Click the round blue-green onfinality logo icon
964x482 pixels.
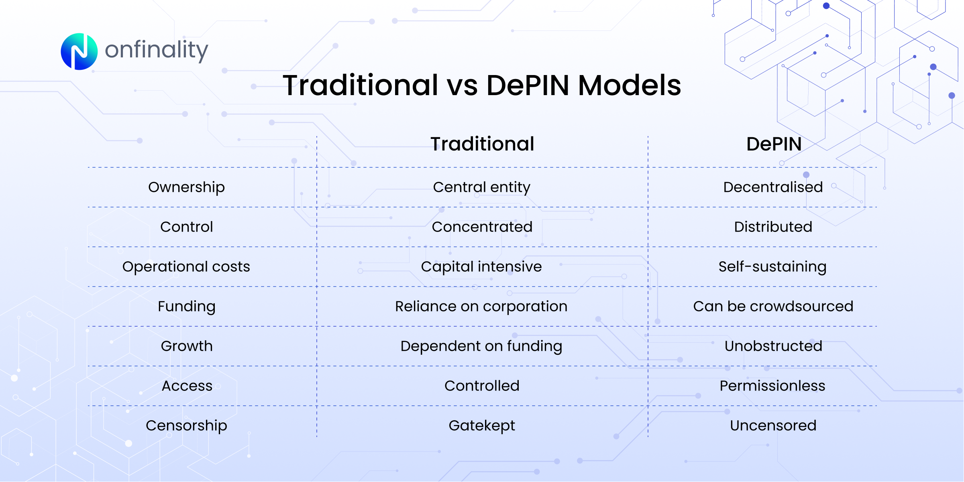(x=79, y=51)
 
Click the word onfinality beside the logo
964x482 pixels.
(x=156, y=51)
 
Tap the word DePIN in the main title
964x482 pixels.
(x=528, y=85)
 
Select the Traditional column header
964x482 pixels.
(x=482, y=144)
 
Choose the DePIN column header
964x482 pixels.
(x=774, y=144)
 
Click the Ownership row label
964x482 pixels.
(x=186, y=187)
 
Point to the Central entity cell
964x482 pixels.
(x=481, y=187)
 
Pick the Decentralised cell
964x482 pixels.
(x=773, y=187)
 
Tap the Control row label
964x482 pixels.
(x=186, y=227)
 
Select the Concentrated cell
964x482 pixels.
(x=482, y=227)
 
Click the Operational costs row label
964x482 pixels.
(x=186, y=266)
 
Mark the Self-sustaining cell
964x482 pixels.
(x=772, y=266)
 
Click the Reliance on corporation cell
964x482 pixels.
(x=481, y=306)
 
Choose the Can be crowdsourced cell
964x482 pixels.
(x=773, y=306)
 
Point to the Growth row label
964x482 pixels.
(x=186, y=346)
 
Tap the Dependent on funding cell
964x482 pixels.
(x=481, y=346)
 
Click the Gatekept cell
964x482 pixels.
(x=481, y=425)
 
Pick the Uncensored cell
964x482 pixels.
(x=773, y=425)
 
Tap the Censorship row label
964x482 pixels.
(x=186, y=425)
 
